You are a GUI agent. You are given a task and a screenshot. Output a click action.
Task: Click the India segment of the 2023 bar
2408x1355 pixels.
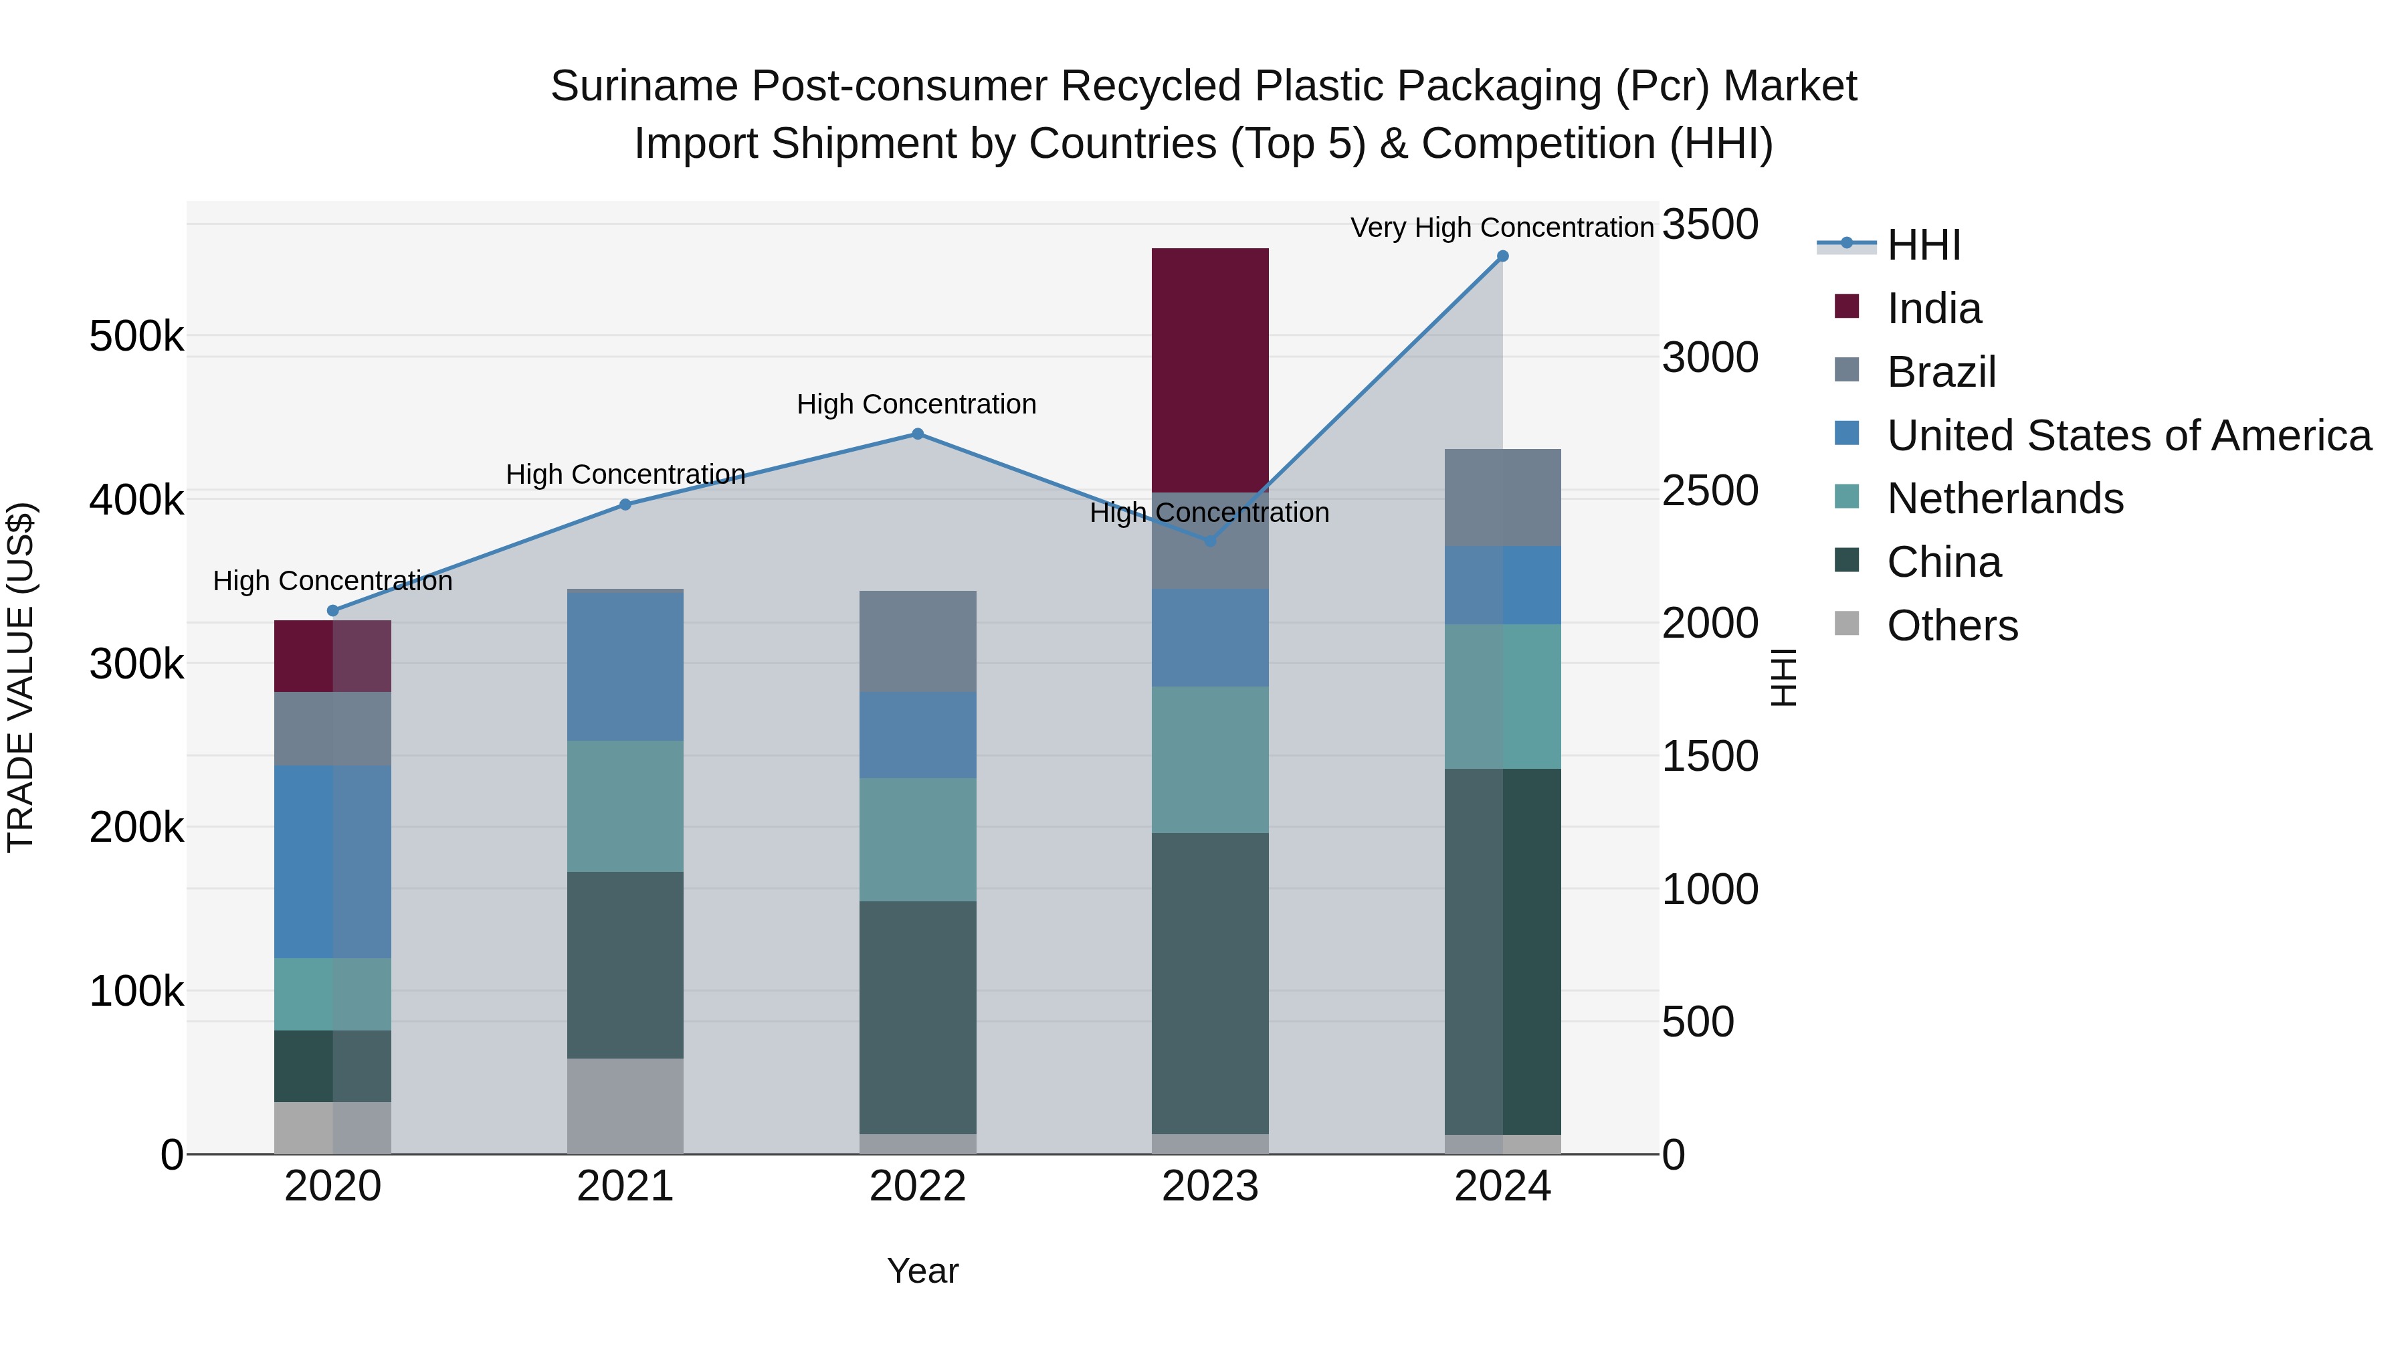pos(1209,369)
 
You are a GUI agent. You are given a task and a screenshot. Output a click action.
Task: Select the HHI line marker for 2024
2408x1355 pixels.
pos(1502,256)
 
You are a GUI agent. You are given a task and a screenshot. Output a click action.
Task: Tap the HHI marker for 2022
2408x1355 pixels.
pos(917,434)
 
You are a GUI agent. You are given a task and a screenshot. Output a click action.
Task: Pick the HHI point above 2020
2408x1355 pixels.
pos(333,611)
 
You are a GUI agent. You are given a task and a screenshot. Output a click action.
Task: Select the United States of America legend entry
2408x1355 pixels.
pos(2128,436)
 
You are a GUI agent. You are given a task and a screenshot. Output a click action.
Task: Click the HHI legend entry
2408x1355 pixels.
pos(1923,245)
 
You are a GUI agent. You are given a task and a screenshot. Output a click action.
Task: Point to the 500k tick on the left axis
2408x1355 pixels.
pos(136,336)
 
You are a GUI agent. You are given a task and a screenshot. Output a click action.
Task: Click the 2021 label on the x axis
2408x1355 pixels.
pos(625,1186)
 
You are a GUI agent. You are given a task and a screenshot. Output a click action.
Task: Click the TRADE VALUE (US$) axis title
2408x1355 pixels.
pos(21,677)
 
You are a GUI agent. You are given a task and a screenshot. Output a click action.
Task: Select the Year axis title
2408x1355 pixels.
pos(922,1271)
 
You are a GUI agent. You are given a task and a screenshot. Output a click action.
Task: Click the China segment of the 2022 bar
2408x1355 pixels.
pos(917,1017)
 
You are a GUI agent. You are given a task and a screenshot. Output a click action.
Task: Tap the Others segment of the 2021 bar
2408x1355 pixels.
pos(625,1105)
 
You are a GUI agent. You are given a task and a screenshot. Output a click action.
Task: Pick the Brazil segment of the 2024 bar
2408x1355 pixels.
pos(1502,497)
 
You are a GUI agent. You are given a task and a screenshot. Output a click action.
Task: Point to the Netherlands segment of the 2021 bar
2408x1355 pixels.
pos(625,806)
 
